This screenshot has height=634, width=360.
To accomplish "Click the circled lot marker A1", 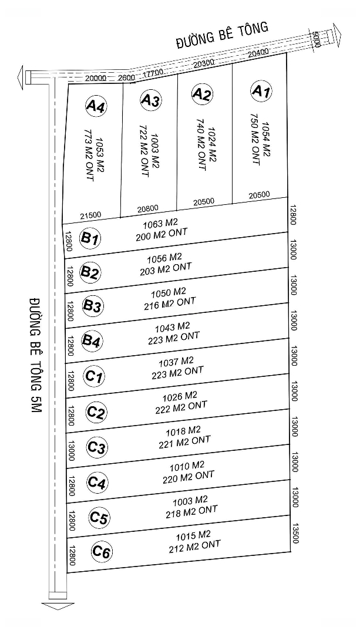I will (x=261, y=91).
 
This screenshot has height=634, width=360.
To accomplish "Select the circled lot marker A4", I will (x=95, y=106).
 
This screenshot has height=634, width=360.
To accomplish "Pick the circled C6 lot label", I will (x=102, y=552).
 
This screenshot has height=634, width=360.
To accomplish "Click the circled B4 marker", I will (x=92, y=340).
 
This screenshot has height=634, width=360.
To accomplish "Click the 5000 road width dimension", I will (x=317, y=39).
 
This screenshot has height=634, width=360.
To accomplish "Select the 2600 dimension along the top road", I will (x=126, y=77).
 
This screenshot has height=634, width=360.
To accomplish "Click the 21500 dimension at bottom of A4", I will (x=91, y=216).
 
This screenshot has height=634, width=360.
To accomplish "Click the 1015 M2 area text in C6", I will (x=193, y=535).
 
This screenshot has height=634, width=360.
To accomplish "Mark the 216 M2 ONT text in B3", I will (x=169, y=303).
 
